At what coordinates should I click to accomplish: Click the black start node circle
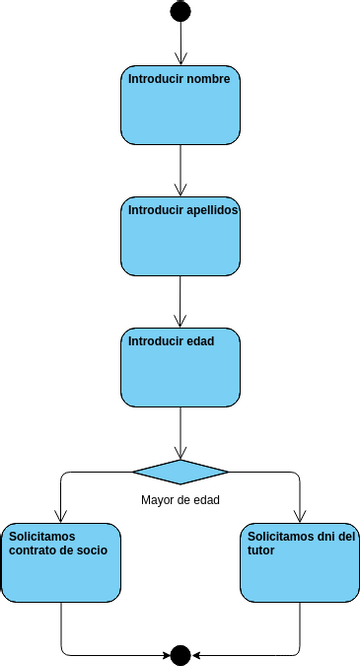(180, 11)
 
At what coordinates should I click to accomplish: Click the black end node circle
(180, 655)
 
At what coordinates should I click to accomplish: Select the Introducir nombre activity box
(180, 105)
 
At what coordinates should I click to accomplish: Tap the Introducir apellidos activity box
(180, 236)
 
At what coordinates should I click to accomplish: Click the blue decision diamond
(180, 472)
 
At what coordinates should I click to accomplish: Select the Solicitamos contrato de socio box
(61, 562)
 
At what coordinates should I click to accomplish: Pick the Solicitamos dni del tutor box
(300, 562)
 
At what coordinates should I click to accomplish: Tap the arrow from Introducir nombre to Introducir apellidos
(180, 170)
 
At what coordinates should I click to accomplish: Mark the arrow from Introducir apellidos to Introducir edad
(180, 301)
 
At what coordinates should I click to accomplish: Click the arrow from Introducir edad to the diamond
(180, 432)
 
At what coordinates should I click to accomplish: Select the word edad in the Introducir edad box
(201, 341)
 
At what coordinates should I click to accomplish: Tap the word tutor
(262, 551)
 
